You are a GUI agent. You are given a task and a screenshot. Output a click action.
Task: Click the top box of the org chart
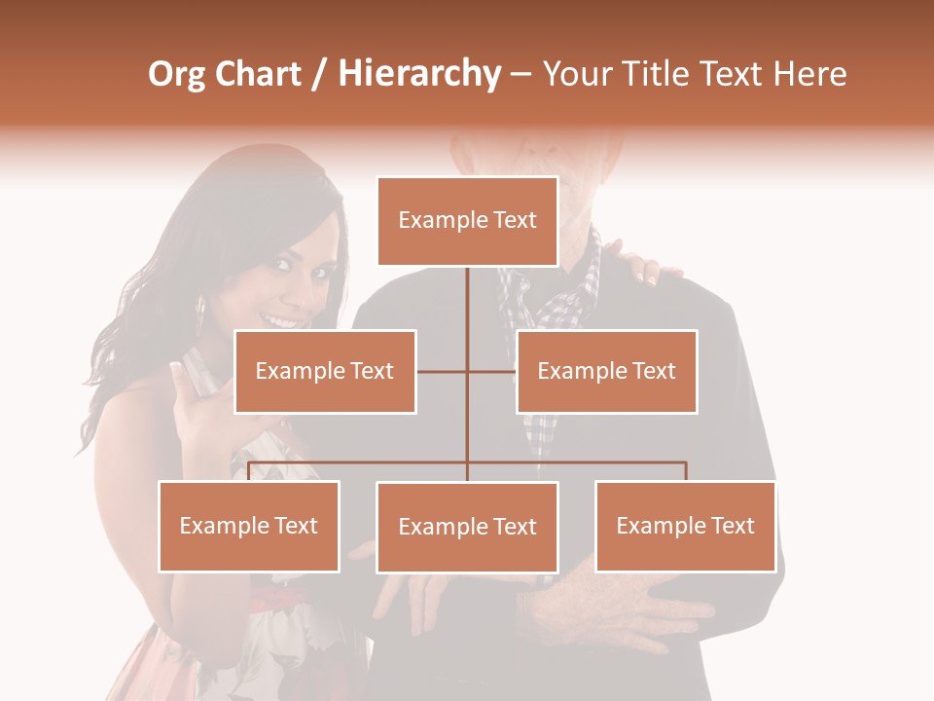point(467,221)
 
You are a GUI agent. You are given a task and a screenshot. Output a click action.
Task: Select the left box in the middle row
point(325,371)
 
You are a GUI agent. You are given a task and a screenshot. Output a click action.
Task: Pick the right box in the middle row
point(606,371)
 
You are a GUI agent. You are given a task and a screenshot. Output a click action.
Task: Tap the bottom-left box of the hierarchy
point(249,526)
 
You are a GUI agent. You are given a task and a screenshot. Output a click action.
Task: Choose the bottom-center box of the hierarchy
point(467,527)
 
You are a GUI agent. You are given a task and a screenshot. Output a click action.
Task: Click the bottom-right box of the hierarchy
point(685,526)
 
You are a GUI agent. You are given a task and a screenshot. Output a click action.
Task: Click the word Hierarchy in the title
point(419,74)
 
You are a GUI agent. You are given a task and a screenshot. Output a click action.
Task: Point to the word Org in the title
point(177,74)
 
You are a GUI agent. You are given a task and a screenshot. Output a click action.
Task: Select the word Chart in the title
point(258,74)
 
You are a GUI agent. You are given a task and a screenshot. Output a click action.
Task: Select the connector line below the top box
point(467,312)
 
